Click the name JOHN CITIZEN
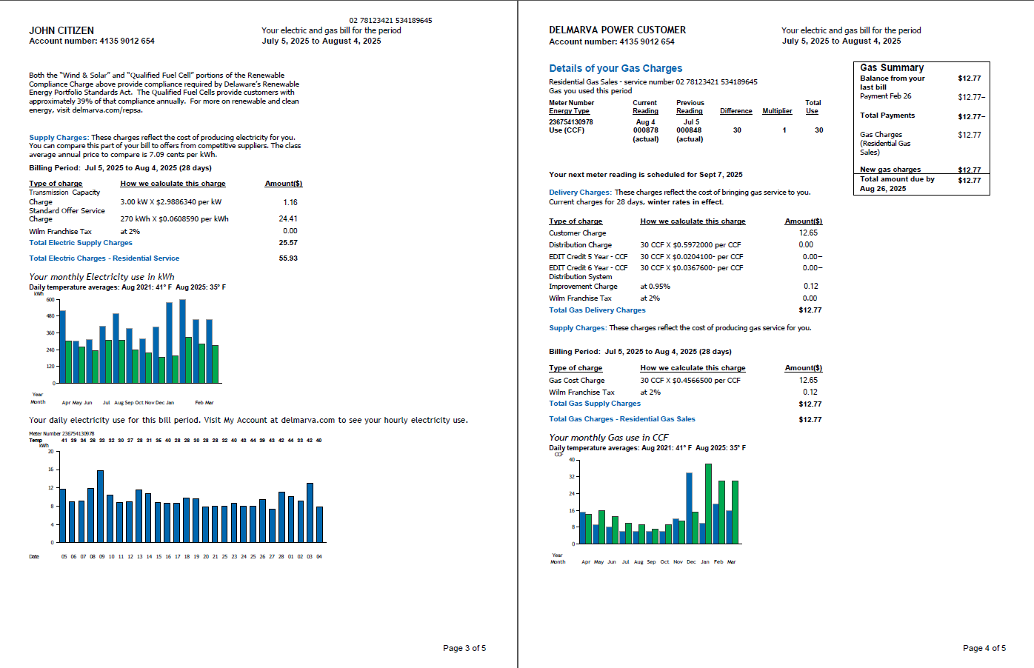pos(61,30)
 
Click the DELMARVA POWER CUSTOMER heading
pos(617,30)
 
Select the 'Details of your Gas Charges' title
pos(616,68)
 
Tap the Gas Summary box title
pos(892,67)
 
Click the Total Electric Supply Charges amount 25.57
pos(288,243)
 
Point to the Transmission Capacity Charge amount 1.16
pos(290,202)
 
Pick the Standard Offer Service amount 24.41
pos(288,218)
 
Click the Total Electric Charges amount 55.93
pos(288,258)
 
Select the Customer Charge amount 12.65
pos(808,233)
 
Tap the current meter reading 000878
pos(645,130)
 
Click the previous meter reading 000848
pos(689,130)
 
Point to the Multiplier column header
pos(777,111)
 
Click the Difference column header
pos(736,111)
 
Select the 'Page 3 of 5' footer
pos(464,648)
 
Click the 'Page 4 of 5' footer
pos(984,648)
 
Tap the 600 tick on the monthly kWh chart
pos(50,300)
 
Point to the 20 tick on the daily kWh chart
pos(51,451)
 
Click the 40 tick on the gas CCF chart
pos(572,460)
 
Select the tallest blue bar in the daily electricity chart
pos(100,506)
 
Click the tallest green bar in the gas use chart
pos(708,504)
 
